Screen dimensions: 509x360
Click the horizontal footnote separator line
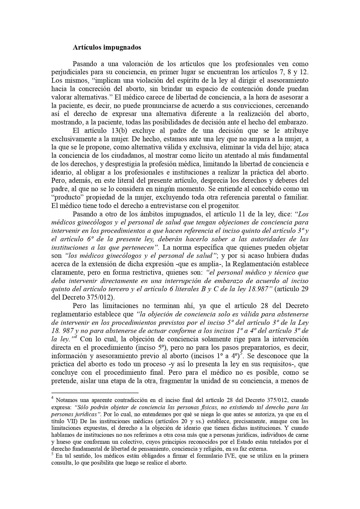pyautogui.click(x=95, y=392)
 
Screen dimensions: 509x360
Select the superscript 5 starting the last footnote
pyautogui.click(x=52, y=454)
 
